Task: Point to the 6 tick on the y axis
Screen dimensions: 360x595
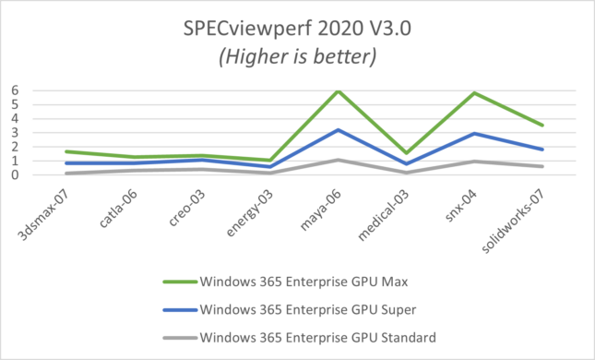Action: point(15,90)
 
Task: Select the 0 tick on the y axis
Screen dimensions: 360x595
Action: point(15,174)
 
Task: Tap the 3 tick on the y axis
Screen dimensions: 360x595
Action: point(15,132)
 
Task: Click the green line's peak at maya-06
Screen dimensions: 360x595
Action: point(339,91)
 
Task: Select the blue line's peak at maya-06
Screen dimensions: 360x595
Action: point(339,130)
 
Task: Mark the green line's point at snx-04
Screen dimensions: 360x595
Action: point(474,93)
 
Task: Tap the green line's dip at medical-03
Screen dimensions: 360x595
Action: point(407,153)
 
